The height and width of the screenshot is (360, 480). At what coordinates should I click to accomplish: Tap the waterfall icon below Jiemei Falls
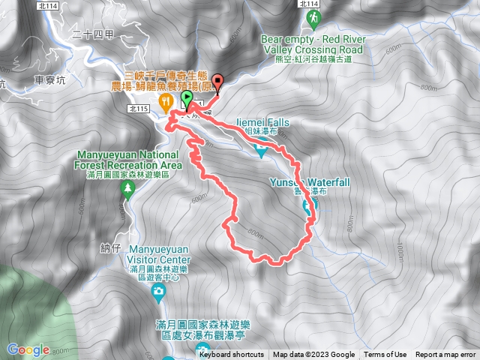[x=260, y=151]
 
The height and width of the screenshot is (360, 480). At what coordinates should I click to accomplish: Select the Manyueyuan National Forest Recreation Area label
[x=129, y=160]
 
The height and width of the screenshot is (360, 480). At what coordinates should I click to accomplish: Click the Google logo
[x=28, y=349]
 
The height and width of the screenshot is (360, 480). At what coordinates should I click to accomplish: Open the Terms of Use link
[x=385, y=355]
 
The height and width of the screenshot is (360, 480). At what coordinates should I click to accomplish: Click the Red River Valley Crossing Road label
[x=311, y=49]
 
